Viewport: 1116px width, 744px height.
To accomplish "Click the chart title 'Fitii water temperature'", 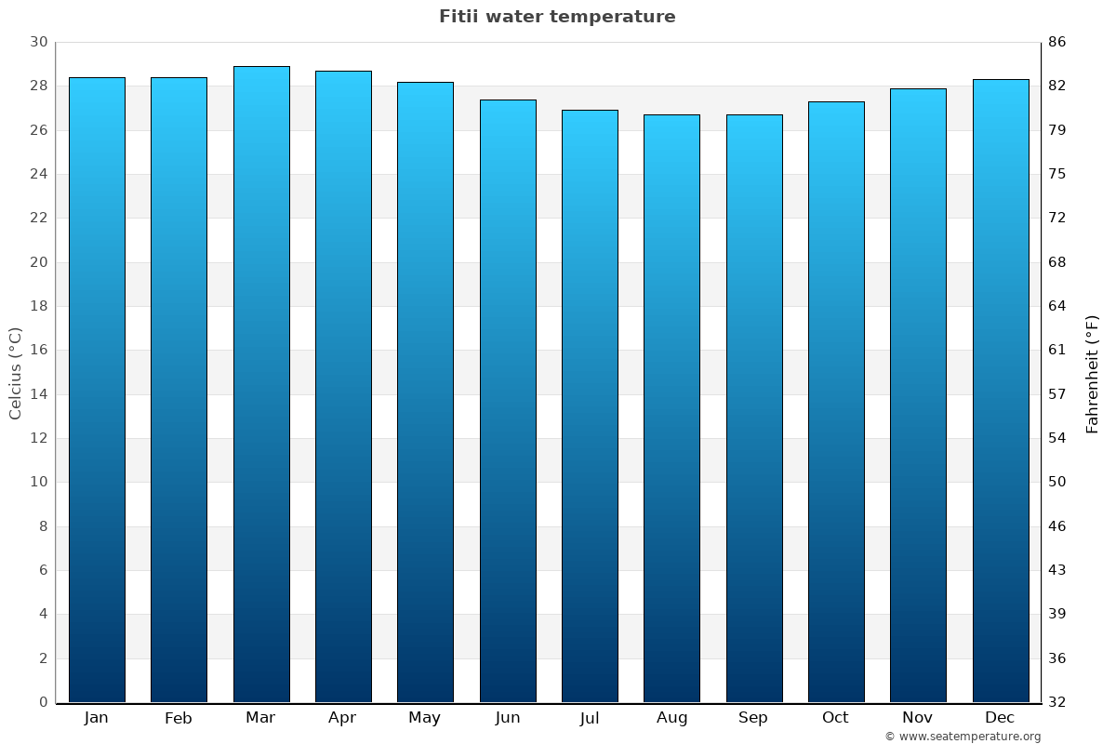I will click(x=557, y=17).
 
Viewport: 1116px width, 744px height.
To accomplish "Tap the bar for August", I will click(x=671, y=408).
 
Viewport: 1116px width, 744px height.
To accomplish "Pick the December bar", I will click(x=1001, y=391).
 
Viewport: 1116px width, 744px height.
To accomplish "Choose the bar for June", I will click(x=508, y=401).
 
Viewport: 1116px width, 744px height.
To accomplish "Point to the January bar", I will click(x=97, y=390).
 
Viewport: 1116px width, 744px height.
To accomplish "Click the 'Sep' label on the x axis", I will click(x=753, y=718).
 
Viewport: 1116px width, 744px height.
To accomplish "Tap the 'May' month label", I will click(x=425, y=718).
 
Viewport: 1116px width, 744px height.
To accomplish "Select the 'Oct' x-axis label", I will click(x=835, y=718).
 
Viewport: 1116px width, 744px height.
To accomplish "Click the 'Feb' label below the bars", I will click(x=179, y=718).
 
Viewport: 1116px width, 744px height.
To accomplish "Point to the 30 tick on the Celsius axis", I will click(x=38, y=43).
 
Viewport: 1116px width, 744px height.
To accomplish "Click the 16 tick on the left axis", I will click(x=38, y=351).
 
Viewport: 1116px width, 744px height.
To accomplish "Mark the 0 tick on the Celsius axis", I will click(x=43, y=702).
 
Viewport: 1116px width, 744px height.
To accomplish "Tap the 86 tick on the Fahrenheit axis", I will click(x=1056, y=43).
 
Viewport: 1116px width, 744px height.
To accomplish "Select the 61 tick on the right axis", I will click(x=1056, y=351).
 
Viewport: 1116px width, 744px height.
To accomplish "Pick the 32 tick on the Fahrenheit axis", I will click(x=1056, y=702).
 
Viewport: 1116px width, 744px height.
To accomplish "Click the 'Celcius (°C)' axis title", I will click(x=16, y=373).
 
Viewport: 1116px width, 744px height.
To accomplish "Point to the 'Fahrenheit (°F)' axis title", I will click(x=1093, y=373).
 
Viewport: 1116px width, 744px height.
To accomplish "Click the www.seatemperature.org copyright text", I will click(x=963, y=737).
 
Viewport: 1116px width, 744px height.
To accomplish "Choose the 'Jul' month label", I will click(x=590, y=718).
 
